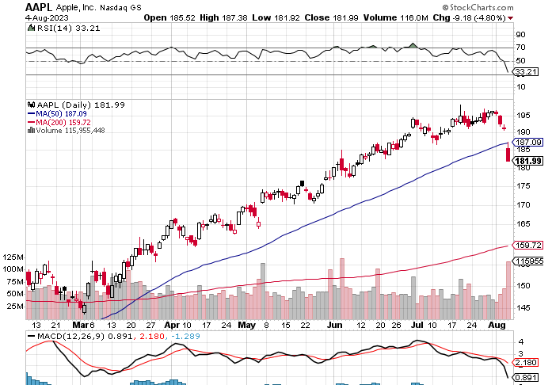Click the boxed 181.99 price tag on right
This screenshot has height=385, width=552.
coord(527,162)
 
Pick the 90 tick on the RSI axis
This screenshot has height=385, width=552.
coord(521,35)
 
